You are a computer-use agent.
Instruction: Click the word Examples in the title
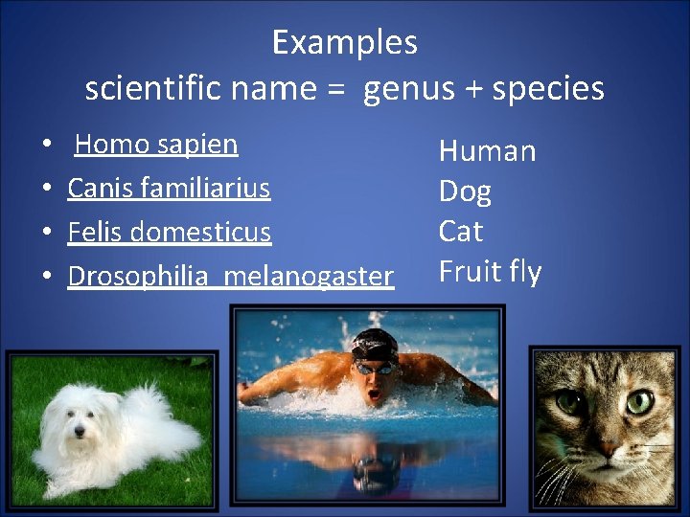[x=344, y=43]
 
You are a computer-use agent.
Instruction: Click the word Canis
[x=97, y=188]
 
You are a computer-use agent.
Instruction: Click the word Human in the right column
[x=487, y=151]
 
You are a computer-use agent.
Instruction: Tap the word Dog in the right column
[x=465, y=192]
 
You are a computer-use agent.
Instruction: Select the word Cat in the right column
[x=460, y=232]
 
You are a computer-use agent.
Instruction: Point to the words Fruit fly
[x=490, y=272]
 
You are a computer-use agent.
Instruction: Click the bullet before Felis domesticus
[x=47, y=233]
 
